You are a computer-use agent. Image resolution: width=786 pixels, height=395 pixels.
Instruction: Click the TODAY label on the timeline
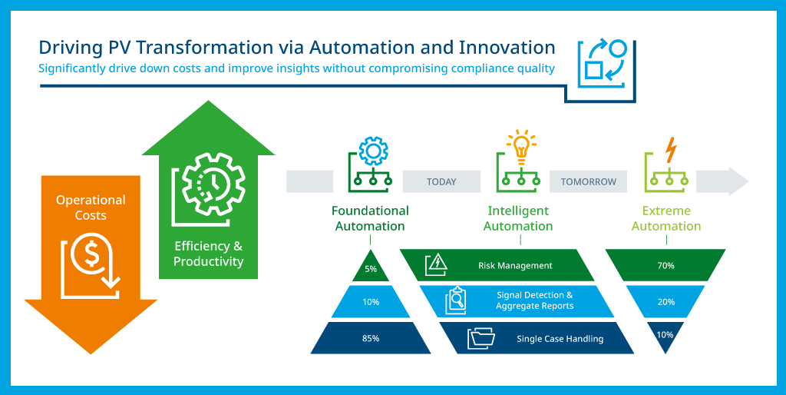(x=441, y=181)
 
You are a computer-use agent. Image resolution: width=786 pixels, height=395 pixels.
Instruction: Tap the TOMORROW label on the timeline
(x=588, y=181)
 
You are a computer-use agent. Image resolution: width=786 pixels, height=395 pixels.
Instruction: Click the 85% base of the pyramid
(x=371, y=338)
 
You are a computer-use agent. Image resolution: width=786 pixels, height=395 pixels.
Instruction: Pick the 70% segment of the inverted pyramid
(x=665, y=265)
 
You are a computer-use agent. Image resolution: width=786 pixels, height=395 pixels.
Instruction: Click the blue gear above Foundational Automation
(x=374, y=151)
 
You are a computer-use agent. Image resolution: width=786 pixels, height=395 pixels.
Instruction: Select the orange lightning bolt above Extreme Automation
(x=671, y=150)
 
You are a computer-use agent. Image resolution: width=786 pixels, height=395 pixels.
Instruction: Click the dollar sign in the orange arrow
(x=91, y=255)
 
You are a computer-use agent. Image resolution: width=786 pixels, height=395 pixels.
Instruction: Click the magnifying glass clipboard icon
(x=456, y=300)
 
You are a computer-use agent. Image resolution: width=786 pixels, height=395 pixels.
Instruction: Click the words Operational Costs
(x=91, y=207)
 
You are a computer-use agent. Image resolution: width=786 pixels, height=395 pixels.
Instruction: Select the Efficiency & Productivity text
(x=209, y=254)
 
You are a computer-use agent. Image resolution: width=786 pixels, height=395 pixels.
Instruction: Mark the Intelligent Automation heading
(x=518, y=218)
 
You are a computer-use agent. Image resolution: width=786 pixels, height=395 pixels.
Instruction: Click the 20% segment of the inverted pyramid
(x=665, y=302)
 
